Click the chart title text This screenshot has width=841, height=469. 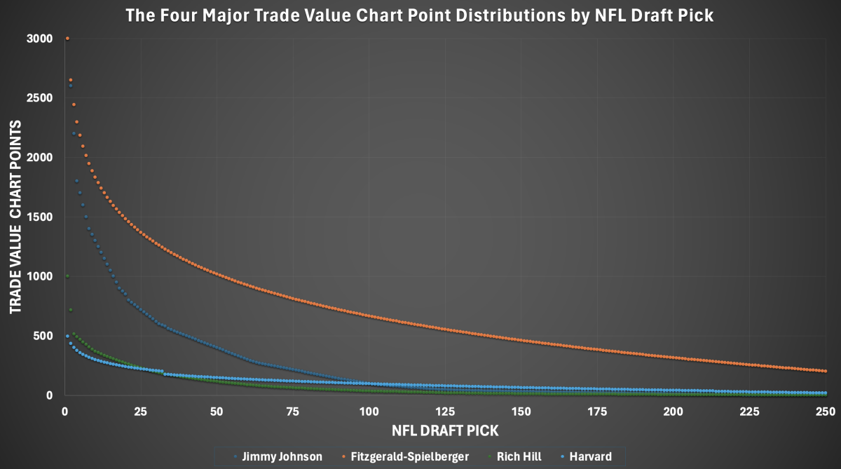coord(419,15)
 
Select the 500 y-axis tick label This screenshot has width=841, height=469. coord(44,336)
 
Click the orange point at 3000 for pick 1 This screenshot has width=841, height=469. coord(67,39)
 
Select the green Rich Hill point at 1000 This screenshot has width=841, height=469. coord(67,276)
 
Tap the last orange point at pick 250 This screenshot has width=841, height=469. coord(825,371)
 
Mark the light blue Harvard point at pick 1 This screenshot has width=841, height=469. coord(67,336)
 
